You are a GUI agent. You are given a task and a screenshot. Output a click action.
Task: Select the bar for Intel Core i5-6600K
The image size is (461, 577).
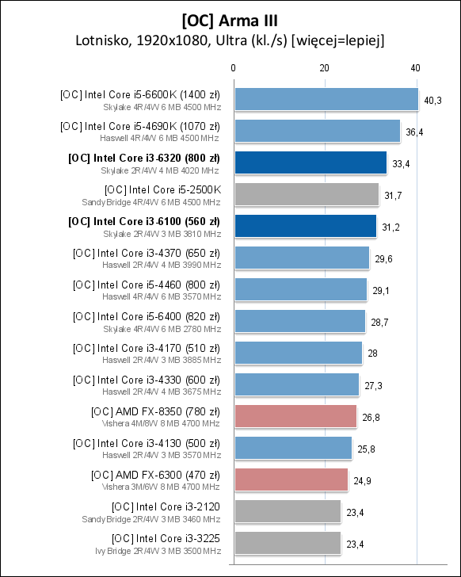[326, 99]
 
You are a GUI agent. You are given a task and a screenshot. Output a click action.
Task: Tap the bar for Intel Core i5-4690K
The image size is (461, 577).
[317, 131]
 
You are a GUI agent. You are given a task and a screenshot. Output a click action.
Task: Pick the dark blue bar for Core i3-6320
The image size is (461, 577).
[310, 162]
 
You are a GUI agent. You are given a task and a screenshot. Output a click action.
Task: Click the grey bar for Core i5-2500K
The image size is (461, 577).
[306, 194]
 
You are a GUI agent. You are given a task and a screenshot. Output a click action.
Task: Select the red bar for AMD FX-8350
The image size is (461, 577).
[295, 416]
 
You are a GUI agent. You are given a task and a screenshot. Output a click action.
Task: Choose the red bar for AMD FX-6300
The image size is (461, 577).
[291, 480]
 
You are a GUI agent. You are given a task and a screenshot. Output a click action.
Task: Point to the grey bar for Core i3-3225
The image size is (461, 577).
[287, 543]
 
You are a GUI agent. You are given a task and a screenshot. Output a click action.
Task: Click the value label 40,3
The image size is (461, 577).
[433, 100]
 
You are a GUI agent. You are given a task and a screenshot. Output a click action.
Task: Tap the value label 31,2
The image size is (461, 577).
[390, 227]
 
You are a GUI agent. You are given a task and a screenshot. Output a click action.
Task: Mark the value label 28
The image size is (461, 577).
[374, 353]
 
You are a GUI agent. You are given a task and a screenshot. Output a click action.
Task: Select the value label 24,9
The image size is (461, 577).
[361, 480]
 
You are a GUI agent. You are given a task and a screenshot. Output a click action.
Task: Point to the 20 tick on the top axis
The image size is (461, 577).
[324, 69]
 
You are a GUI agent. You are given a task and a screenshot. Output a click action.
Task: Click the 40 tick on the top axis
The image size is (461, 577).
[416, 69]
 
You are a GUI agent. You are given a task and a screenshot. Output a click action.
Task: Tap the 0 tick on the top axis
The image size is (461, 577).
[233, 69]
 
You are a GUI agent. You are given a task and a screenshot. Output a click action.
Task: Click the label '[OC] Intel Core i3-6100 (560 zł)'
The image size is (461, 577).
[145, 220]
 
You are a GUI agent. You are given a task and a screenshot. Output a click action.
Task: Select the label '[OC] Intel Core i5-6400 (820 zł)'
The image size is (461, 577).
[147, 316]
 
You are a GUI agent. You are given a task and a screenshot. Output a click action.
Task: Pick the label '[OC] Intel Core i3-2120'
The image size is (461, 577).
[166, 506]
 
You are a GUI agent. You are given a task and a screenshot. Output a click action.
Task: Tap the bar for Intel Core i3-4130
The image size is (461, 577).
[292, 448]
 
